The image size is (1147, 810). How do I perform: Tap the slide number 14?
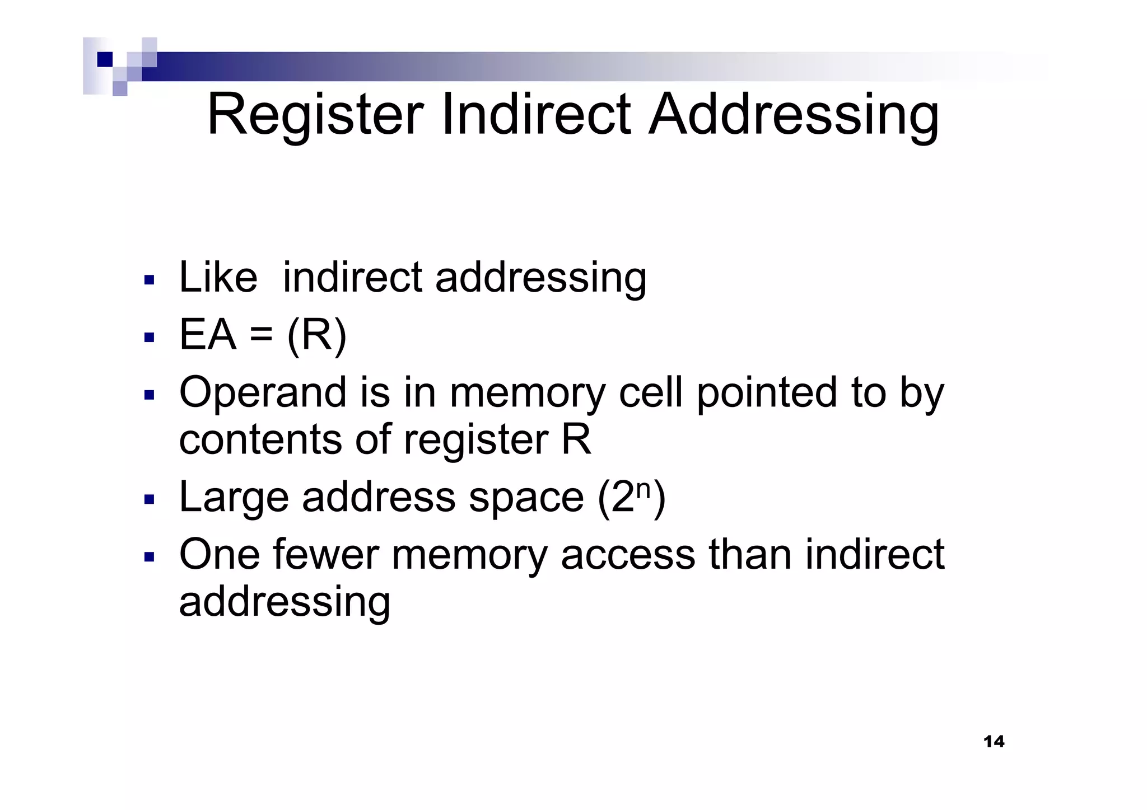(x=994, y=742)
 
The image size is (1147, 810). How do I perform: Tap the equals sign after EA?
(x=261, y=336)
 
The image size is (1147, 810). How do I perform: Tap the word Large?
(x=234, y=498)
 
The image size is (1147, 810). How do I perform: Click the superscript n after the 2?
(x=644, y=489)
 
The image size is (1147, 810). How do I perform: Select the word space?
(x=526, y=498)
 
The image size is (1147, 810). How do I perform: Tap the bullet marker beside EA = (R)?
(x=149, y=338)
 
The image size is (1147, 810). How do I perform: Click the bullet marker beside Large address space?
(x=149, y=499)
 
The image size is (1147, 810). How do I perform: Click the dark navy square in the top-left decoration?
(x=105, y=59)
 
